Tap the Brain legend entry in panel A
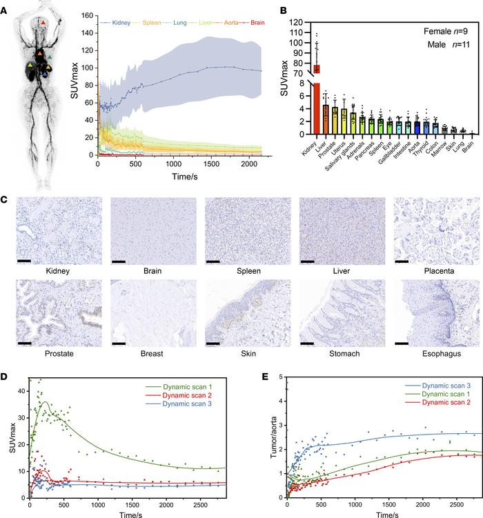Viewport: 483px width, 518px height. [250, 23]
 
